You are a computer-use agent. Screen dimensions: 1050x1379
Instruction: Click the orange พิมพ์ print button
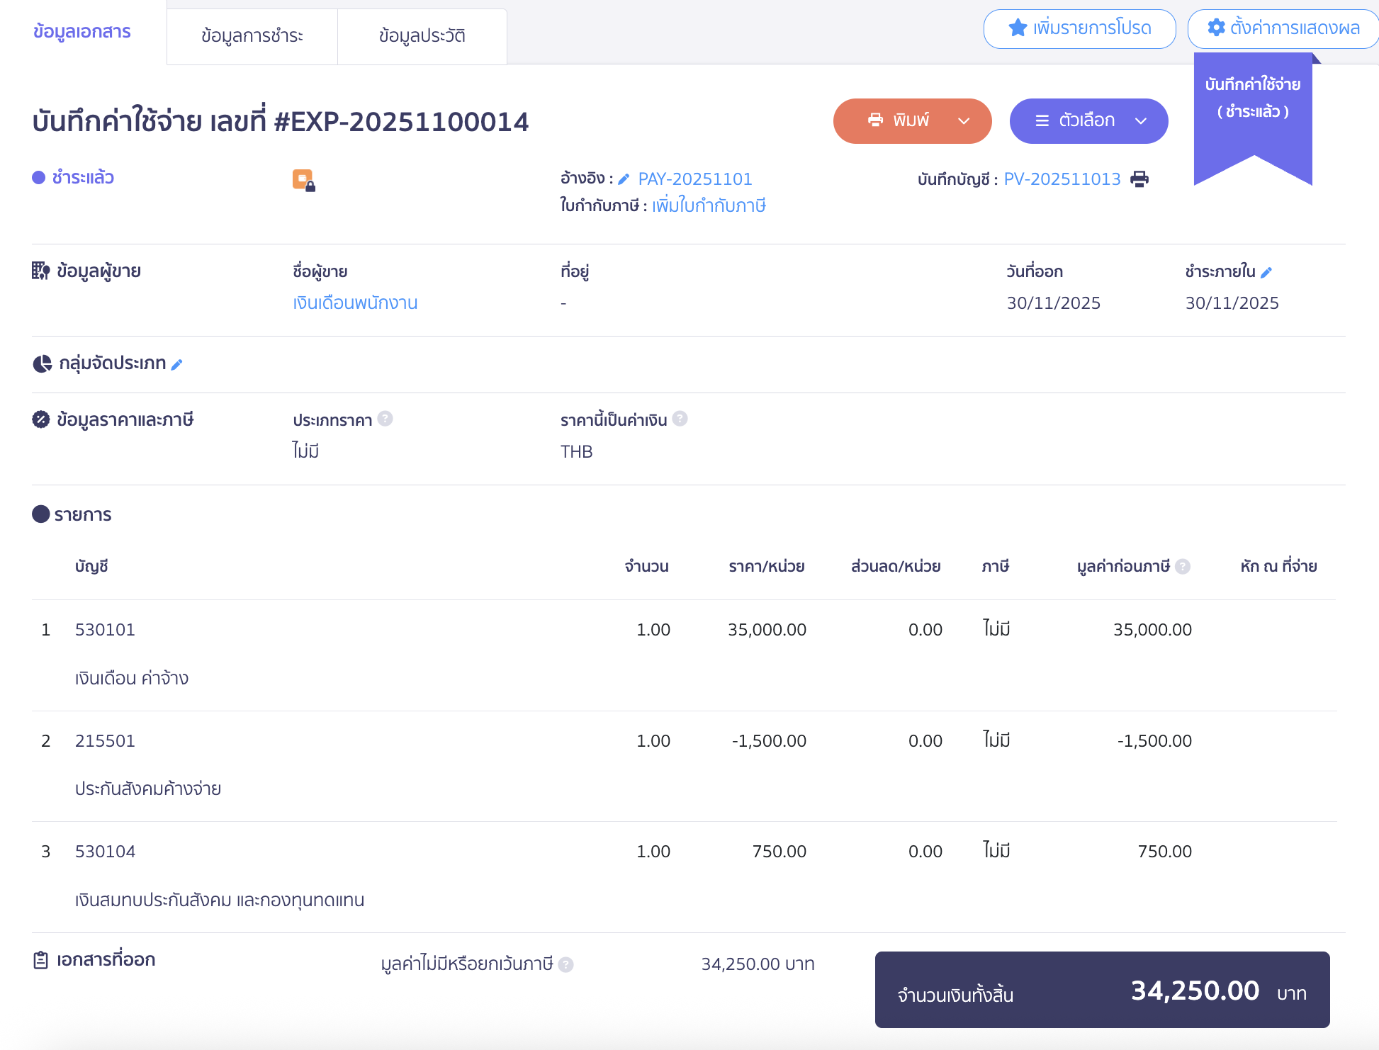tap(911, 121)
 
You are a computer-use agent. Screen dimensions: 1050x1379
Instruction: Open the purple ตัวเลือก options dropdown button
tap(1088, 121)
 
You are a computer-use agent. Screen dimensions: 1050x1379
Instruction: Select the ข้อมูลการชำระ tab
tap(252, 36)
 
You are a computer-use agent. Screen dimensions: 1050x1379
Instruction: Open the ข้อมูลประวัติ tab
tap(422, 36)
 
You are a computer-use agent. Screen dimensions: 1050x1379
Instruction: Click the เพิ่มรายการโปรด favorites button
tap(1079, 28)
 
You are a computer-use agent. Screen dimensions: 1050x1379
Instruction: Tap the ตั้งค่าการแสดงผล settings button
tap(1283, 28)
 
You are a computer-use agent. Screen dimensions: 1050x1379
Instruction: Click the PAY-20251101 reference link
tap(694, 179)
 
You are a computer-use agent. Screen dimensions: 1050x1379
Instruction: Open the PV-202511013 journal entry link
tap(1062, 179)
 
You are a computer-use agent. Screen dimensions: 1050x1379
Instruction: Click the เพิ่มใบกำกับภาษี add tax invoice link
tap(709, 206)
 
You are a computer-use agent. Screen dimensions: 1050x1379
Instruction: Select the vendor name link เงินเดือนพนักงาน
tap(355, 303)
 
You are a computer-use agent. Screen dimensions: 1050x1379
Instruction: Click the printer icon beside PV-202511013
tap(1139, 179)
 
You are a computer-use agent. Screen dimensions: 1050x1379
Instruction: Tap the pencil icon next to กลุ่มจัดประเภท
tap(177, 364)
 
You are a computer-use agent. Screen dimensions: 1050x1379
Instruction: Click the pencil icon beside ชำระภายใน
tap(1266, 272)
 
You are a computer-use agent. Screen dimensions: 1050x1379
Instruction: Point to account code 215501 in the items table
tap(105, 741)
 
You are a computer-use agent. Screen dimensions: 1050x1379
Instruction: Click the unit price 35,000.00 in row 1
tap(767, 630)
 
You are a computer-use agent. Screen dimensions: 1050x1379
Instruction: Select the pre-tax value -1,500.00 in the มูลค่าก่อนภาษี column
tap(1154, 741)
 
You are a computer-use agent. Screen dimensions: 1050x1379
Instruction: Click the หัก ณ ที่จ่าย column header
tap(1278, 567)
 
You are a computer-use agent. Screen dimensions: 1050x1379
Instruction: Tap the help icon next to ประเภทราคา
tap(385, 419)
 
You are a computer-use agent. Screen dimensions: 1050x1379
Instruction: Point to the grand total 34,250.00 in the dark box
tap(1195, 990)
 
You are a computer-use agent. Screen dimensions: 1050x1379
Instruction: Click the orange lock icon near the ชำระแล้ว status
tap(303, 180)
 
